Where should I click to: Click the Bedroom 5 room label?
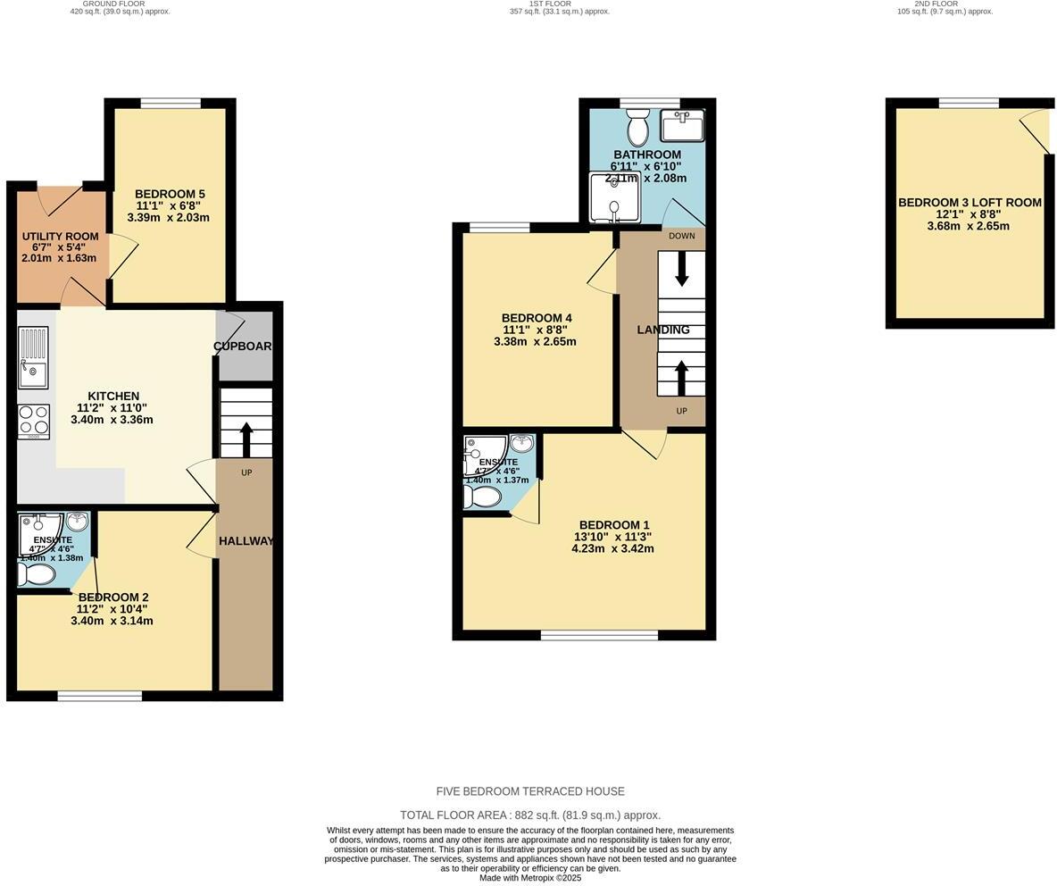coord(170,194)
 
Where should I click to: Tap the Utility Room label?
coord(60,237)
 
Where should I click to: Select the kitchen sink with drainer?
coord(33,357)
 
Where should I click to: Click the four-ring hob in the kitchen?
coord(34,422)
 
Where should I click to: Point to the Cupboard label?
coord(244,346)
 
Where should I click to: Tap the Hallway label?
coord(246,540)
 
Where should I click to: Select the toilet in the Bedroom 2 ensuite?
coord(35,574)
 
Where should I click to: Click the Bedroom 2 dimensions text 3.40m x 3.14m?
coord(112,621)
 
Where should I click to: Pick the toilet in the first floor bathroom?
coord(637,130)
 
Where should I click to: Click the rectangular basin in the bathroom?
coord(682,126)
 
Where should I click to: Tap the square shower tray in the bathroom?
coord(614,196)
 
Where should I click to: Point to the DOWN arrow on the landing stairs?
coord(682,269)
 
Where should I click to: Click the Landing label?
coord(662,330)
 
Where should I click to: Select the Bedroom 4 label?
coord(536,318)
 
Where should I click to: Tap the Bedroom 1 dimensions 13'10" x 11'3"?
coord(612,537)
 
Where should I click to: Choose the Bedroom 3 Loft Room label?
coord(970,203)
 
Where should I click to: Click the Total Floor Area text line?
coord(530,815)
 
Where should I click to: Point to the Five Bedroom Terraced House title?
coord(530,791)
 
